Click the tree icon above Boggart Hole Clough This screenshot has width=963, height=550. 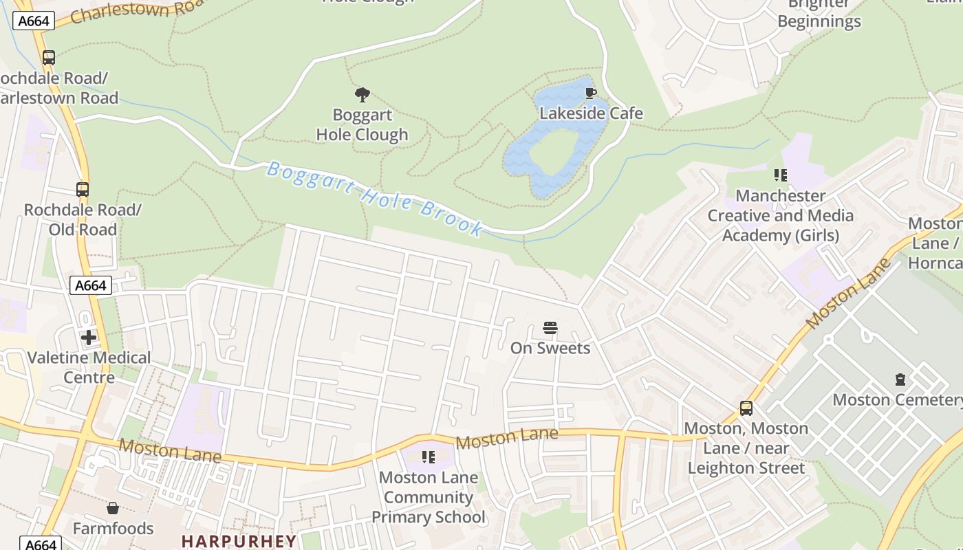tap(362, 95)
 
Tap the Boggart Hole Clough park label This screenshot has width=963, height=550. tap(362, 125)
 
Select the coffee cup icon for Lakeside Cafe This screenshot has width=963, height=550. tap(590, 93)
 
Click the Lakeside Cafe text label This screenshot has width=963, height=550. tap(591, 113)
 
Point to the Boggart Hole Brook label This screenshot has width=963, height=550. tap(375, 198)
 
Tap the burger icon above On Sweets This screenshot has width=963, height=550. tap(550, 328)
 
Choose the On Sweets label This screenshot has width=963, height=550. tap(550, 348)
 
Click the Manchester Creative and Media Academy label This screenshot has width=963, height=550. tap(780, 216)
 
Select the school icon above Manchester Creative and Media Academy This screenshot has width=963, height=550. tap(780, 175)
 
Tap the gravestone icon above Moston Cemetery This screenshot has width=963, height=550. tap(900, 379)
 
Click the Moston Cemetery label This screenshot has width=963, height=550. tap(897, 399)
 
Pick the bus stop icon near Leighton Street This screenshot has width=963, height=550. tap(746, 408)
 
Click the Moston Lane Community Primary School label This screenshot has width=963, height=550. tap(428, 497)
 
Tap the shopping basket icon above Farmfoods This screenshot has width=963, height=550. tap(113, 509)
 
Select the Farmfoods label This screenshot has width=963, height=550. tap(113, 529)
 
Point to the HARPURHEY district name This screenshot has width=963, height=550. tap(239, 541)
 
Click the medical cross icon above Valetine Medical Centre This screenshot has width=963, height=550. tap(89, 338)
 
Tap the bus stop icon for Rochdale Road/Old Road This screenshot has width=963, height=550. tap(83, 190)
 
